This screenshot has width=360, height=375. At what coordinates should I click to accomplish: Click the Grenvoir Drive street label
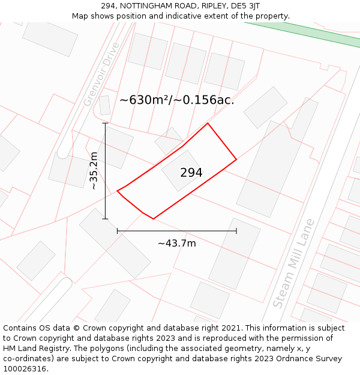point(101,74)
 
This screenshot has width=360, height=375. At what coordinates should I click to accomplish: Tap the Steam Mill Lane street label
point(293,263)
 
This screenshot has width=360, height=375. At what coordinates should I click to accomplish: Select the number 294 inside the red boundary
point(191,173)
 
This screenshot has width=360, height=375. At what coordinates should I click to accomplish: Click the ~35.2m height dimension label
point(94,171)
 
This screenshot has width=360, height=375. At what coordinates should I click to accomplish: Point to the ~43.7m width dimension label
point(177,243)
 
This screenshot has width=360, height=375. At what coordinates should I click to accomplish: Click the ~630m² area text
point(145,100)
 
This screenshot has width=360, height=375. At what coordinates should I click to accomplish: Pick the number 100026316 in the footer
point(25,369)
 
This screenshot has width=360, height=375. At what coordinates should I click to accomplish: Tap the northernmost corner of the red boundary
point(208,124)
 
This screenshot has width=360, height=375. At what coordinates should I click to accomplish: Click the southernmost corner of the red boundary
point(154,219)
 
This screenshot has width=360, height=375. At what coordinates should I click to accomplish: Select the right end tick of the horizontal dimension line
point(236,230)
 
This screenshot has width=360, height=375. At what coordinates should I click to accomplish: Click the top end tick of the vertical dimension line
point(105,124)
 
